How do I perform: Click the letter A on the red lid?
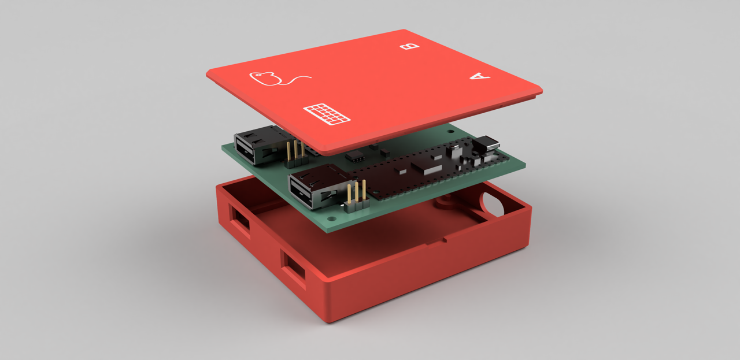point(480,76)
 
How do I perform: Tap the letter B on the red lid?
point(410,47)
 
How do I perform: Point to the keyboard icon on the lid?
point(327,114)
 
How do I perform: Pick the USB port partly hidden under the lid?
point(261,145)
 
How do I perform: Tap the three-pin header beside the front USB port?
point(357,197)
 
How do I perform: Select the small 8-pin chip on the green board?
point(355,156)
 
